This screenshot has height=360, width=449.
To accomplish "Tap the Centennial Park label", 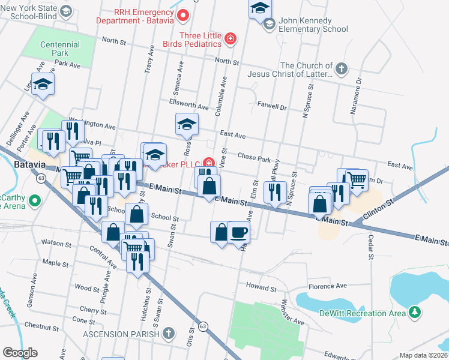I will pyautogui.click(x=60, y=49).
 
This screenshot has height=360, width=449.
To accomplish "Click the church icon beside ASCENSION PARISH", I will pyautogui.click(x=169, y=334).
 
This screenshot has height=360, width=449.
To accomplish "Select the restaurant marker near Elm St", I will pyautogui.click(x=275, y=192).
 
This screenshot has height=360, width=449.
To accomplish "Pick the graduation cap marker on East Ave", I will pyautogui.click(x=187, y=125).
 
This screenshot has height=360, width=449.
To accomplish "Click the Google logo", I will pyautogui.click(x=20, y=352).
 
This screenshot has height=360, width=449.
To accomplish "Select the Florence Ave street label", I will pyautogui.click(x=327, y=286).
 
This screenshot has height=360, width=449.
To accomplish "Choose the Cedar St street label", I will pyautogui.click(x=370, y=248).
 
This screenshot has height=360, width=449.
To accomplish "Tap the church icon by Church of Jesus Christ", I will pyautogui.click(x=342, y=67).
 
